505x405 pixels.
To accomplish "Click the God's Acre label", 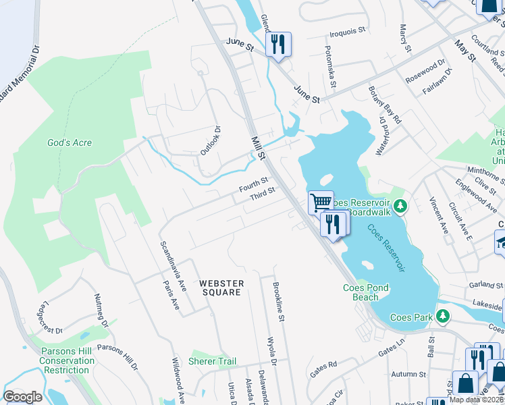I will pos(69,143).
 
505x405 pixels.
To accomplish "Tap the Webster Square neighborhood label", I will pos(220,288).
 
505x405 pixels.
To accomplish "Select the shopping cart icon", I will pos(321,202).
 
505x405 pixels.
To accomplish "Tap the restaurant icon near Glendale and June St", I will pos(277,45).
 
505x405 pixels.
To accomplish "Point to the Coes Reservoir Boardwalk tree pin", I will pos(400,205).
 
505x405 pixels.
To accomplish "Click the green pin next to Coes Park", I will pos(442,316).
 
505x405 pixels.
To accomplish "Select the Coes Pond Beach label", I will pos(365,292).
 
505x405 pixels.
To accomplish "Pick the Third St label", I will pos(262,193).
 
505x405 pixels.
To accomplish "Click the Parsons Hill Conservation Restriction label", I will pos(67,360).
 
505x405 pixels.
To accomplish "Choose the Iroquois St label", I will pos(347,31).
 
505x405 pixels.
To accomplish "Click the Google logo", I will pos(22,396).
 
